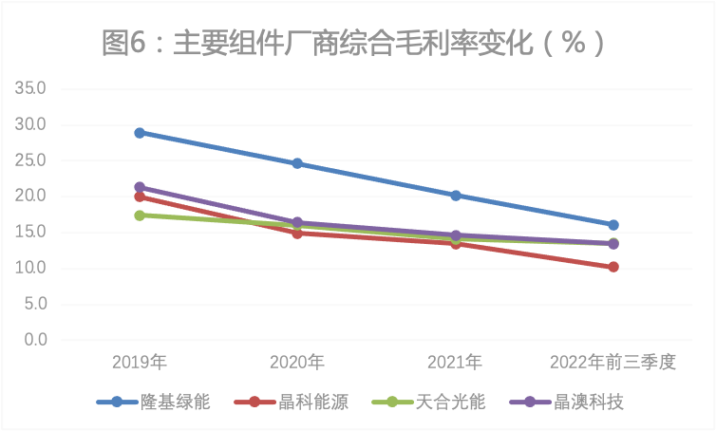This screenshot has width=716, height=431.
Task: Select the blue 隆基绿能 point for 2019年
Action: pos(140,133)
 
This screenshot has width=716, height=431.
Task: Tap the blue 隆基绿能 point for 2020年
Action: pos(297,163)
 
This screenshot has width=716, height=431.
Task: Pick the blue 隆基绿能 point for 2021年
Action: pos(456,196)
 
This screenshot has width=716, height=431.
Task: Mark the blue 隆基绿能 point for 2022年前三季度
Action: pos(613,225)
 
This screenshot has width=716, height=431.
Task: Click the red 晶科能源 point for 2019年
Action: pos(140,197)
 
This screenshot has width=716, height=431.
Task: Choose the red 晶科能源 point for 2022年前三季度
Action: pos(613,267)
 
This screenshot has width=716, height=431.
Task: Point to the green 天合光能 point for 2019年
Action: pos(140,215)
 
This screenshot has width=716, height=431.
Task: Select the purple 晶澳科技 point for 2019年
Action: pos(140,188)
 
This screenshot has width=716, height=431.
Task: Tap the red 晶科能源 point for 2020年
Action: pos(297,233)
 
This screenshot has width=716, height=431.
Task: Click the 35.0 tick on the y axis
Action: pos(30,89)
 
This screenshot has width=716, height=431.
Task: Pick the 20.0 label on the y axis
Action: pos(30,197)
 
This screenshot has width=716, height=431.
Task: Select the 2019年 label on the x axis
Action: pos(140,362)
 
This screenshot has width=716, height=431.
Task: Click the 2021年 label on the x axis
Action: pos(456,362)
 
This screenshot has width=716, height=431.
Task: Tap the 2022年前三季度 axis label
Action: pos(613,362)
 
